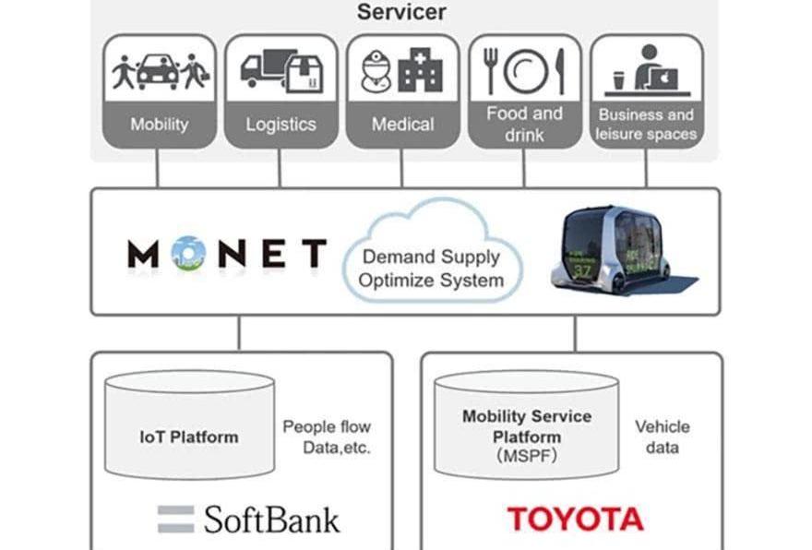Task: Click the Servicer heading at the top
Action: [401, 12]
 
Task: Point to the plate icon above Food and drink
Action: [525, 71]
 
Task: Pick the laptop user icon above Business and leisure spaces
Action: [646, 68]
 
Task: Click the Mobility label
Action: [160, 124]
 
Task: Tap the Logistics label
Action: [281, 124]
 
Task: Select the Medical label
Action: [402, 124]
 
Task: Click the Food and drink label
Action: [524, 124]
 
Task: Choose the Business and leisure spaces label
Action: [646, 125]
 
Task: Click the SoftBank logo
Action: [247, 519]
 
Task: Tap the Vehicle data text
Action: [662, 437]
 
